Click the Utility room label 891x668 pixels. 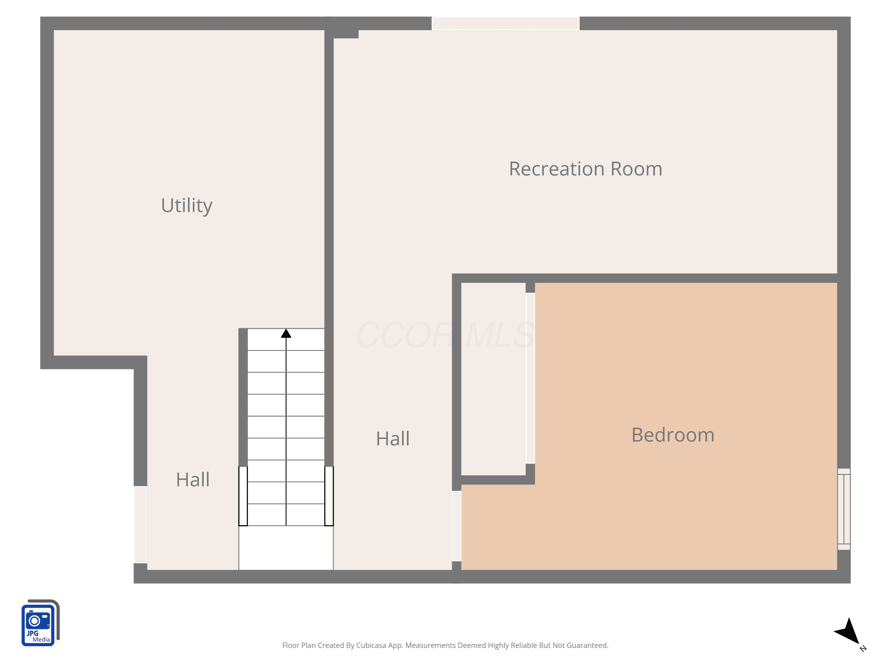[x=187, y=206]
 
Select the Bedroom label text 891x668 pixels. [x=673, y=435]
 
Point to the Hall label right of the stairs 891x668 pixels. [x=393, y=439]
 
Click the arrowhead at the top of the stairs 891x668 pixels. [x=286, y=333]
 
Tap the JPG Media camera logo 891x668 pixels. [x=40, y=623]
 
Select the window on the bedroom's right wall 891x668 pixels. [x=843, y=509]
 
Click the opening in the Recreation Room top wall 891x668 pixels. [x=505, y=23]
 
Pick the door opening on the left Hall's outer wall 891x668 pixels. [x=140, y=525]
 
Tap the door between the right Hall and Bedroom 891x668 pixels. [x=456, y=526]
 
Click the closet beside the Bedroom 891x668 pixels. [x=493, y=379]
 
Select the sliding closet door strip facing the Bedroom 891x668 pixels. [x=530, y=378]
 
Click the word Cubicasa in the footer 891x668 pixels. [x=371, y=645]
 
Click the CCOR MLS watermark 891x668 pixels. [x=445, y=335]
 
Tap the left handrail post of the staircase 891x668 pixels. [x=243, y=496]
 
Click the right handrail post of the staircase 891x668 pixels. [x=329, y=496]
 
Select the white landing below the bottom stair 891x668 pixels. [x=286, y=547]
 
